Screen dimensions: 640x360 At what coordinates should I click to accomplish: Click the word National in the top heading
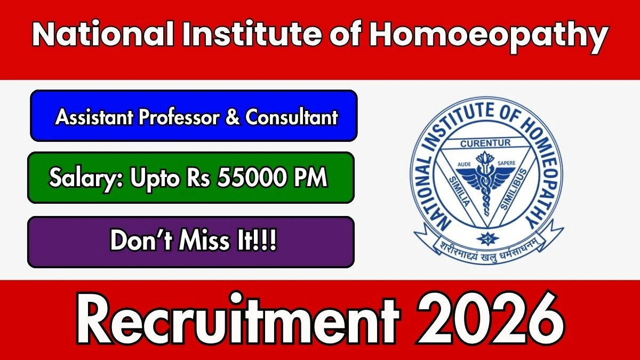coord(103,34)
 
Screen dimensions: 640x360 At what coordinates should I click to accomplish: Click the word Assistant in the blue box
coord(94,117)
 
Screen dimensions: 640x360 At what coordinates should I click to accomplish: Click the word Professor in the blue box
coord(179,117)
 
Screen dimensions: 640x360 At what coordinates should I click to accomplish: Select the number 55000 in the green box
coord(251,177)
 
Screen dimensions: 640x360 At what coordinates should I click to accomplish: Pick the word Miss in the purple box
coord(205,241)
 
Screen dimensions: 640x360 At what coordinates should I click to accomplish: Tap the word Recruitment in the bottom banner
coord(238,318)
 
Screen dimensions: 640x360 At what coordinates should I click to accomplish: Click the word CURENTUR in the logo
coord(485,143)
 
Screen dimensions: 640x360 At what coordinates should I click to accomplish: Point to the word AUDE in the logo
coord(465,164)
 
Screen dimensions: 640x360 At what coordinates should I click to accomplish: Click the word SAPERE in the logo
coord(507,163)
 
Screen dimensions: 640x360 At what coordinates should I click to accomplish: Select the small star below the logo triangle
coord(487,238)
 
